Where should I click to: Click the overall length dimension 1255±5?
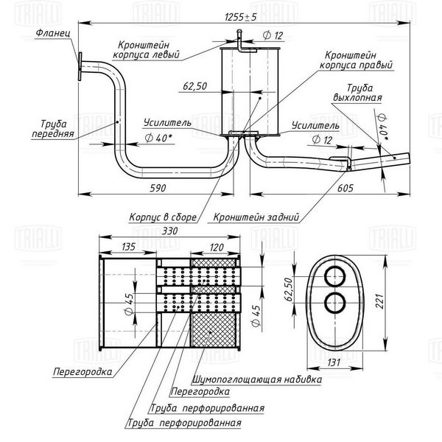(241, 17)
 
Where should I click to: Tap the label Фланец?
(53, 33)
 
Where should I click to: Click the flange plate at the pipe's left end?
(80, 66)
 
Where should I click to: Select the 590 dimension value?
(158, 188)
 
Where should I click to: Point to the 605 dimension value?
(345, 188)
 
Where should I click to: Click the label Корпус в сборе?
(163, 217)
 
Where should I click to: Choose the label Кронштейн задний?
(256, 217)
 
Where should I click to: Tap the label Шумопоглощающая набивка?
(257, 379)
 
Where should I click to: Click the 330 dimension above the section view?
(169, 231)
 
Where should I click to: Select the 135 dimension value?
(128, 247)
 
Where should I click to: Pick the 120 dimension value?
(217, 248)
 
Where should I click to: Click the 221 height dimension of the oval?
(379, 301)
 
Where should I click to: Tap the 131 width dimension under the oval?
(334, 362)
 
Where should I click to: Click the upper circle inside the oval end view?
(335, 276)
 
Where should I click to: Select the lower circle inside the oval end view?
(335, 303)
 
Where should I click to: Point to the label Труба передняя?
(53, 128)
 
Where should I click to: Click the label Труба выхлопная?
(358, 93)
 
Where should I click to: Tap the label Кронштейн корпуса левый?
(146, 49)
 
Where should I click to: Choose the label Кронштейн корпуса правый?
(356, 60)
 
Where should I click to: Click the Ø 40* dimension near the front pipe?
(158, 138)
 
